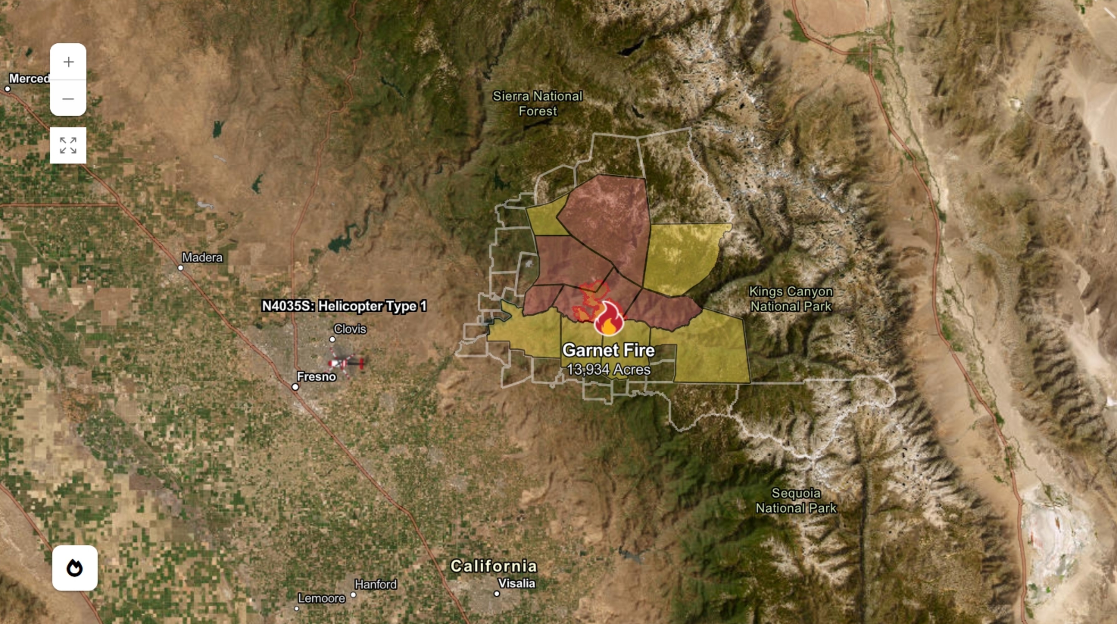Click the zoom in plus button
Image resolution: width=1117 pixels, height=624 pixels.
(x=68, y=62)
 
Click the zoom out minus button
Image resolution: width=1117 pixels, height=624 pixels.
(x=68, y=98)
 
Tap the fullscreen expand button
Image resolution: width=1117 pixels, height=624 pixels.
(x=68, y=145)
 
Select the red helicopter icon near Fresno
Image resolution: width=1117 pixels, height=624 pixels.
(x=346, y=363)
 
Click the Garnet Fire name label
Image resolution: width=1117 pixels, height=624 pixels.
(x=608, y=350)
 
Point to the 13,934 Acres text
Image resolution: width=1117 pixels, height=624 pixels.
(x=608, y=369)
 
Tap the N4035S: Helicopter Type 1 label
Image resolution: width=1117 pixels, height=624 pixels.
(x=344, y=306)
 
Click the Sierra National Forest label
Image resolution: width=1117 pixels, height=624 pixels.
(x=538, y=104)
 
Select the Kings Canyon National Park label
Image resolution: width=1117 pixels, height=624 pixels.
(x=791, y=299)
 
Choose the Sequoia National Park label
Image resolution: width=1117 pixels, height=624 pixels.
(x=796, y=500)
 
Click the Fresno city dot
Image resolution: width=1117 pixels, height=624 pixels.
(x=295, y=387)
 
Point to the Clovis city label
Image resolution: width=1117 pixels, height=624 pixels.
(x=350, y=329)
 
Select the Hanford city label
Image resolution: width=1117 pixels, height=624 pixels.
(x=376, y=585)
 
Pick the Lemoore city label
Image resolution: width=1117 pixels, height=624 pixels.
(x=321, y=598)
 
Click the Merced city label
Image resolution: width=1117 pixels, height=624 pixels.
(x=29, y=79)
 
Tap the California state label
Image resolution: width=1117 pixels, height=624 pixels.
(x=494, y=566)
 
